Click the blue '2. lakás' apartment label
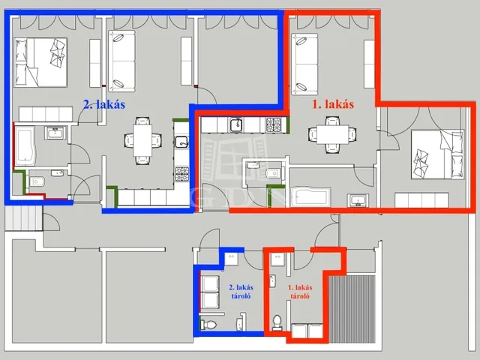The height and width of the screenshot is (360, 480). coord(104,105)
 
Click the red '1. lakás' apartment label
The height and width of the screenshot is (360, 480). coord(333,104)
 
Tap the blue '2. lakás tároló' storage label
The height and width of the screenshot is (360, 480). coord(241,292)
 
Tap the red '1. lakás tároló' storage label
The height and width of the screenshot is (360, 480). coord(300,292)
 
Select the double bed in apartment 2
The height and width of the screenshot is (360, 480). coord(40,62)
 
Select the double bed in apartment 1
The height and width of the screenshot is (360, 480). coord(437,154)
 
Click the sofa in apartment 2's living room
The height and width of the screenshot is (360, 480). coord(121,61)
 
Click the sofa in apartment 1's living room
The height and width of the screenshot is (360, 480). coord(304,64)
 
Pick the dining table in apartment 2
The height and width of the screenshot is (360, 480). coord(142,140)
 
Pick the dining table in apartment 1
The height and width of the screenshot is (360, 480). coord(332,134)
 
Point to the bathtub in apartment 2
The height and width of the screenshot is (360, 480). coord(25,146)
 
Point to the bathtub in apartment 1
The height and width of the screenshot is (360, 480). coord(310,197)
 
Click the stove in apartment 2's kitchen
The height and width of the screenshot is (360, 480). coord(181,174)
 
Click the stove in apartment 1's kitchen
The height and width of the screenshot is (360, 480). coord(273,125)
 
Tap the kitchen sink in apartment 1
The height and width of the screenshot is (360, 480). coord(237,125)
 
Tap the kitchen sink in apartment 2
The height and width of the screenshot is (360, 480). coord(181,142)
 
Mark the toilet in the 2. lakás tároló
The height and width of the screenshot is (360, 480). coord(208,324)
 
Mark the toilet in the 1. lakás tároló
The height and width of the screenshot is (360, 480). coord(277,322)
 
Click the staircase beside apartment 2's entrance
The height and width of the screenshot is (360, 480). coord(23,218)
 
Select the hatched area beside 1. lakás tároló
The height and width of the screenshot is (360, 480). coord(352,309)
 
